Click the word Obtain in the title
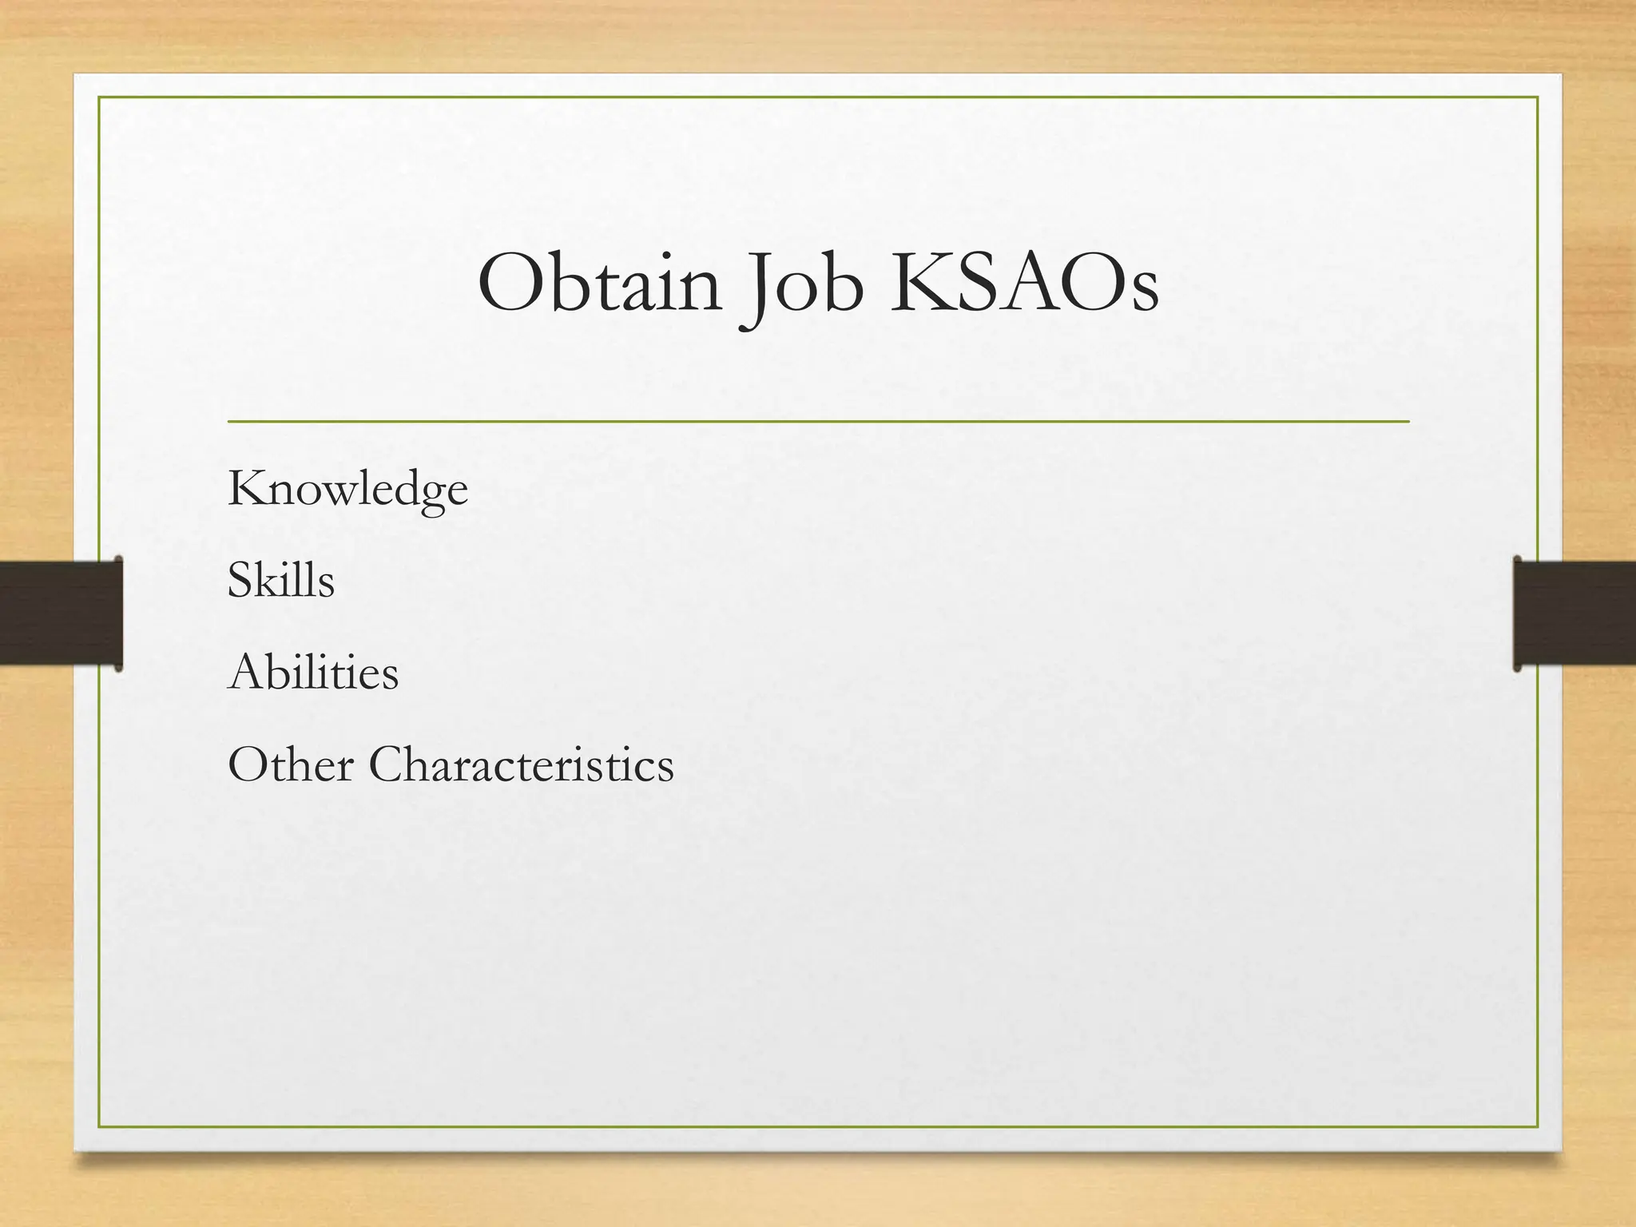[x=599, y=284]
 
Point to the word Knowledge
[x=347, y=489]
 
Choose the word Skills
[x=280, y=580]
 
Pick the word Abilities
[x=312, y=673]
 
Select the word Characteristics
[x=521, y=764]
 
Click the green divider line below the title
[x=818, y=420]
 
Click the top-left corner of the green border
[x=99, y=97]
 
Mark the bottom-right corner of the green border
[x=1538, y=1127]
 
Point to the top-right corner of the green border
[x=1538, y=97]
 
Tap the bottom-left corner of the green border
[x=99, y=1127]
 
